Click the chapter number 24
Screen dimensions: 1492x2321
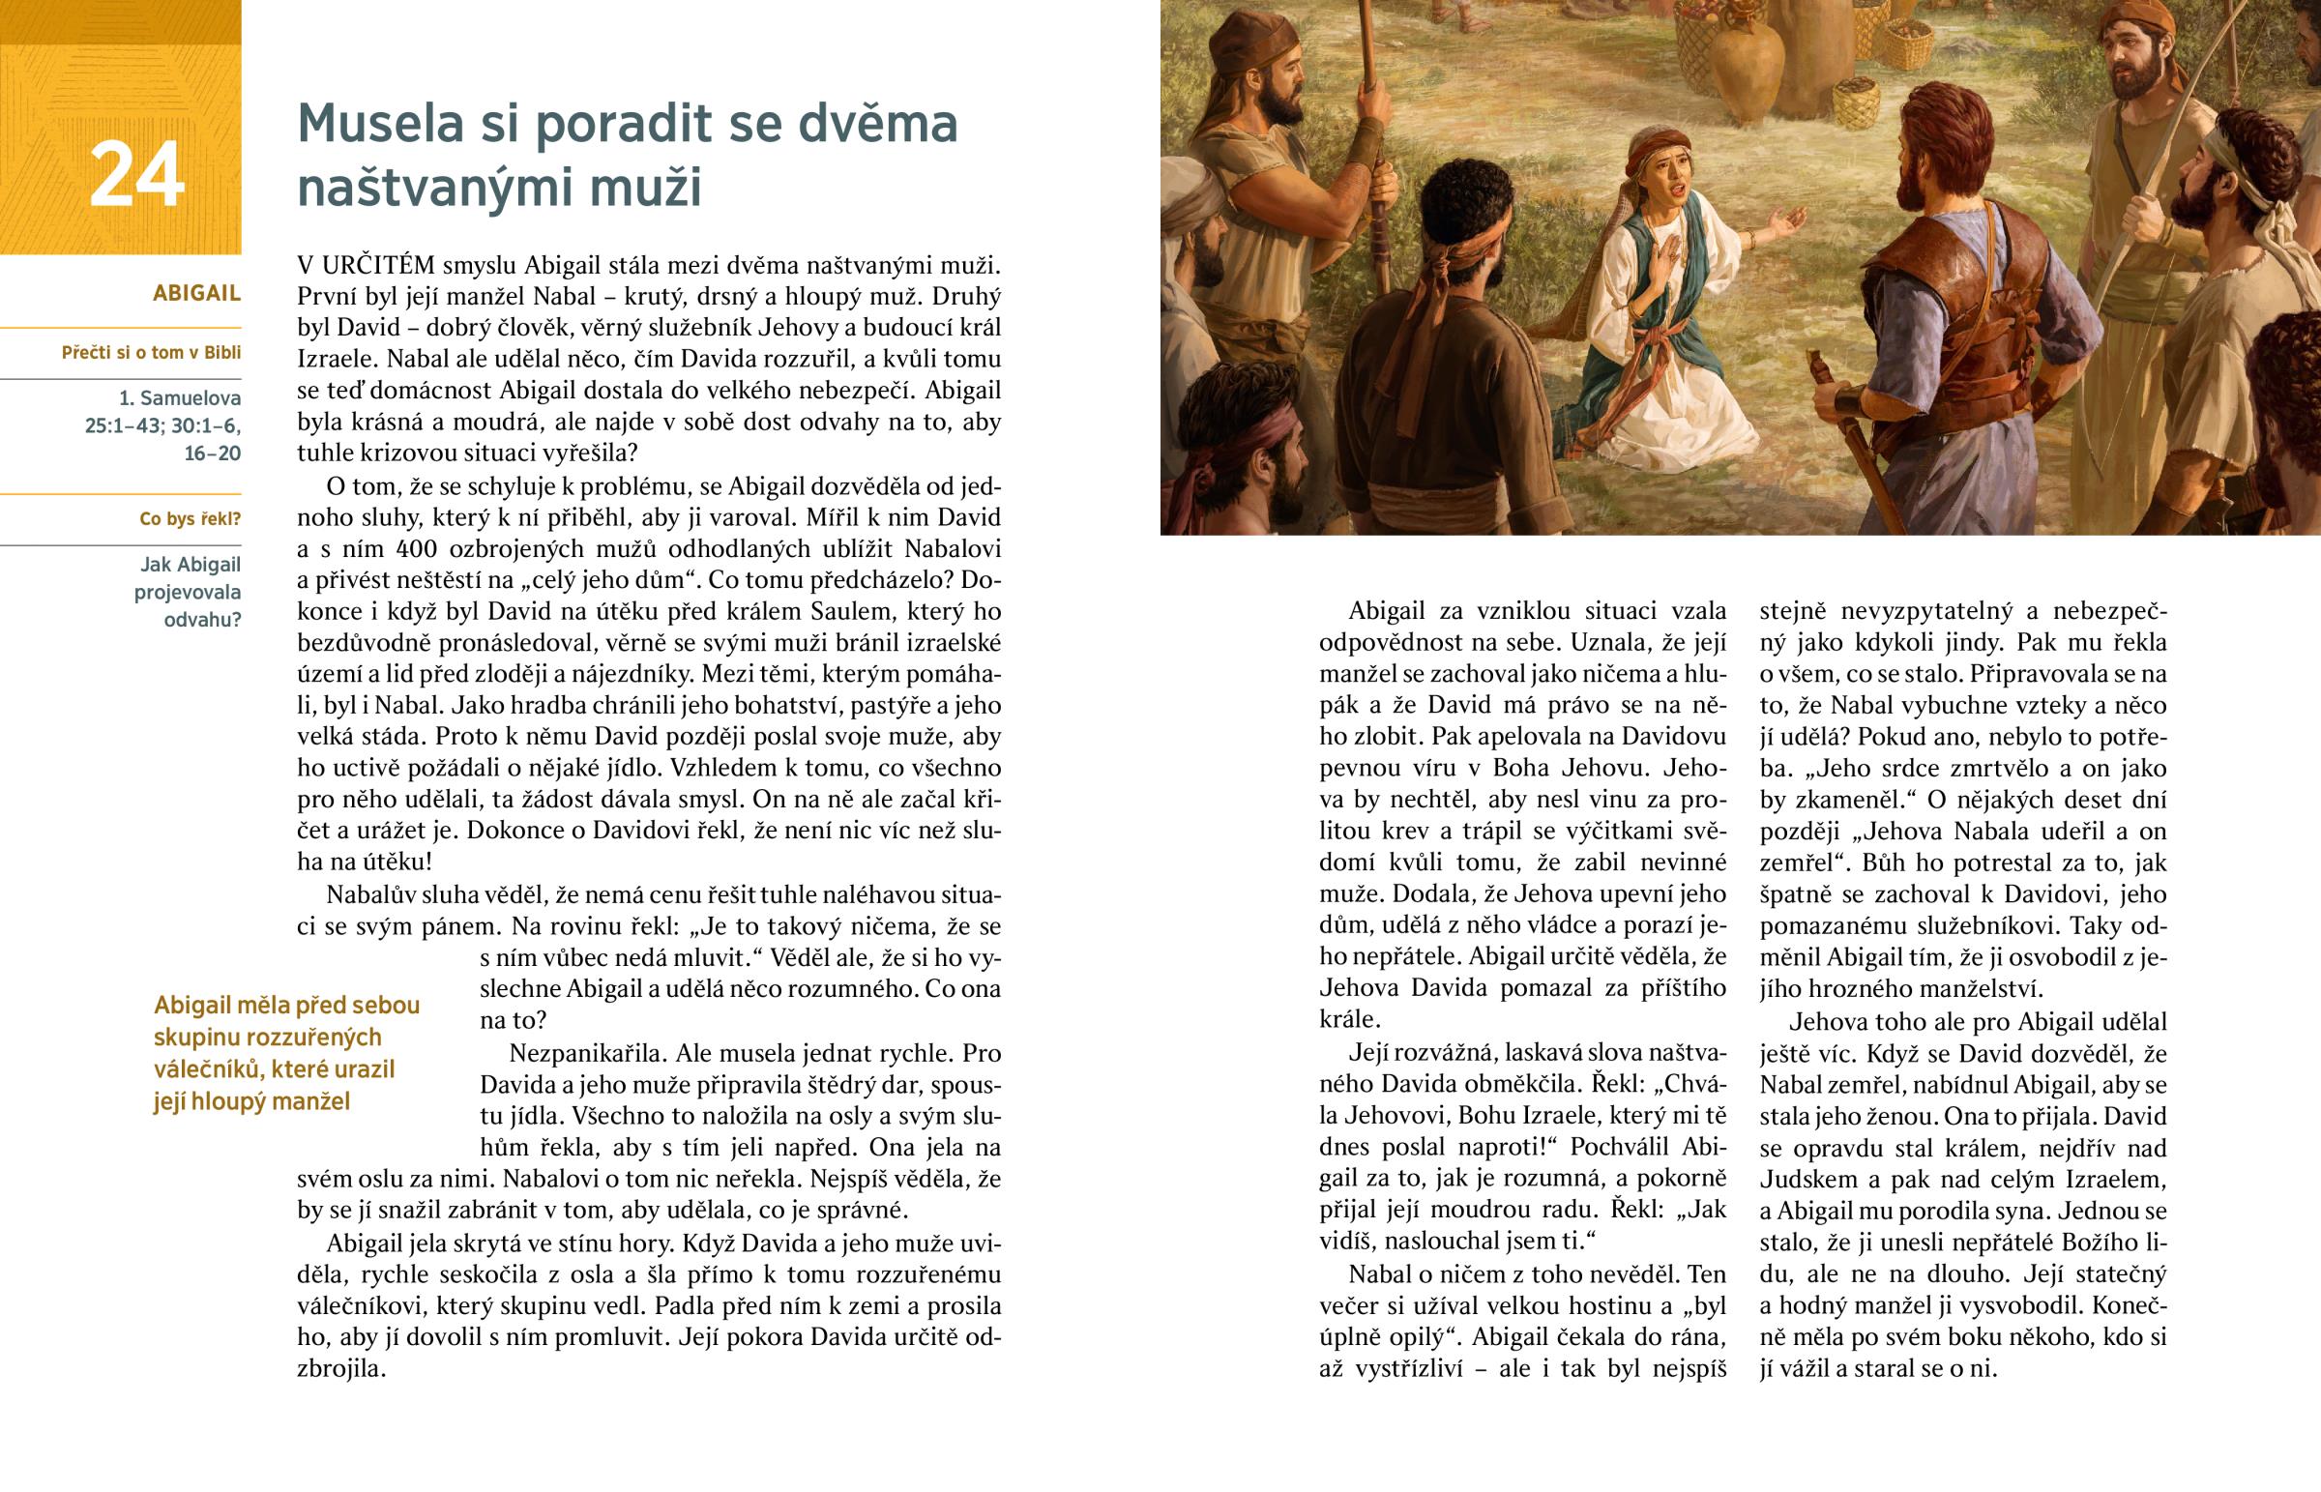pyautogui.click(x=136, y=174)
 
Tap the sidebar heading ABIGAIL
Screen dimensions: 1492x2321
pyautogui.click(x=196, y=293)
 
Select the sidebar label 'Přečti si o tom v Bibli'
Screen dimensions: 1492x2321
pyautogui.click(x=151, y=353)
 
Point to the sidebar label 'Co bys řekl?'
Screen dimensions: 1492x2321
pyautogui.click(x=190, y=518)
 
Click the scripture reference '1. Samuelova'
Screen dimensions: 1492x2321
pyautogui.click(x=180, y=397)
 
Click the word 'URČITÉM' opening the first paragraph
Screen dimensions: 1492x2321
pyautogui.click(x=379, y=265)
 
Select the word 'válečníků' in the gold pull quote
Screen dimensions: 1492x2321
pyautogui.click(x=199, y=1068)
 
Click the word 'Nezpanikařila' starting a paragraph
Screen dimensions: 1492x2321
pyautogui.click(x=586, y=1053)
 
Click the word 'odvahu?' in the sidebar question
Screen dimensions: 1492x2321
pyautogui.click(x=202, y=620)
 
